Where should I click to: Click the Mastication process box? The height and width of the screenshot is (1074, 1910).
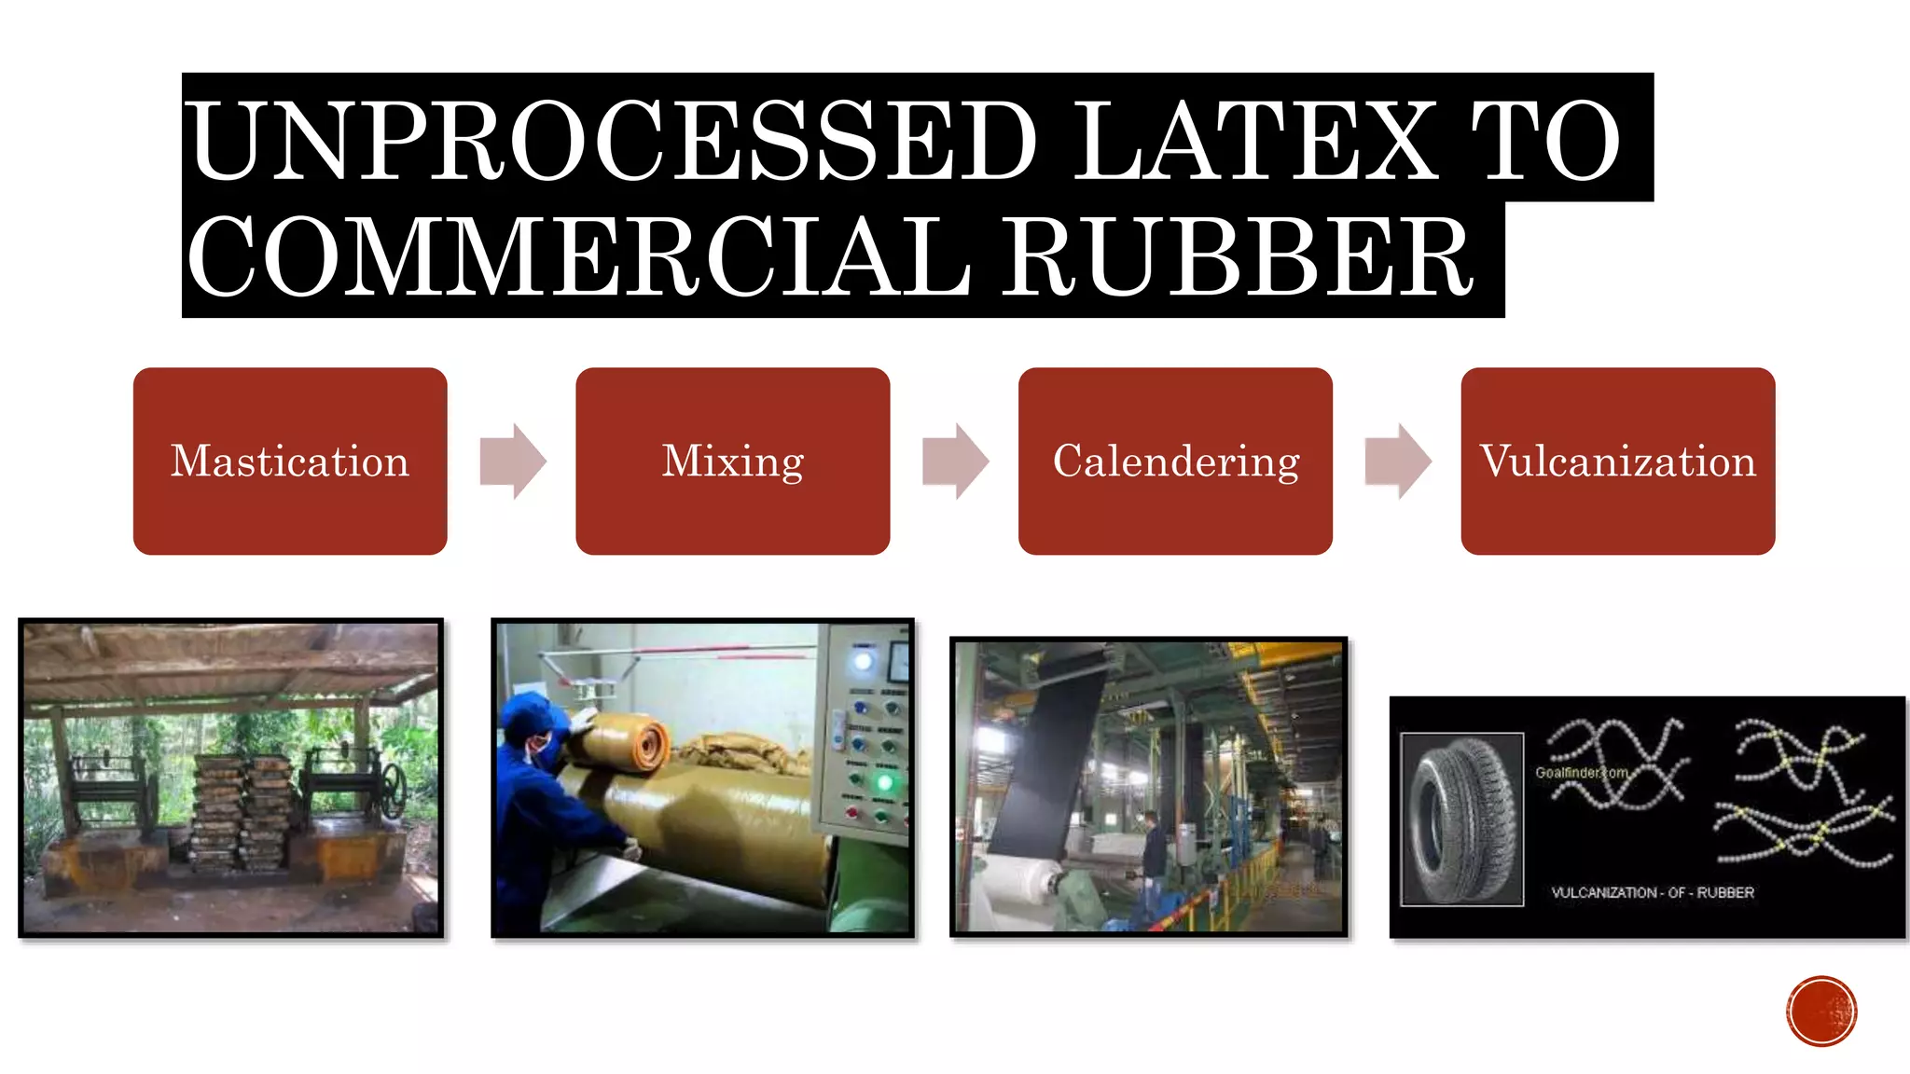click(290, 461)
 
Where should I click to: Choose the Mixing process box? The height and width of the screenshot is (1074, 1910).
click(732, 461)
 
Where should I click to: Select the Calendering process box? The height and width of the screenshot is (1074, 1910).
click(1175, 461)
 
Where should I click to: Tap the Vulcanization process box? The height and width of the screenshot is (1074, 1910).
click(1617, 461)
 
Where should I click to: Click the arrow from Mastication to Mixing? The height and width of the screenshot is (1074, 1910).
click(512, 461)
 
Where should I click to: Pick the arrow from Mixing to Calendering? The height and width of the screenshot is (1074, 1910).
click(955, 461)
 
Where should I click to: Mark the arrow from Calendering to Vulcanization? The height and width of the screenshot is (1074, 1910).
click(1397, 461)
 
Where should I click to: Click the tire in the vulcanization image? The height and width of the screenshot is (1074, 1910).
click(1461, 819)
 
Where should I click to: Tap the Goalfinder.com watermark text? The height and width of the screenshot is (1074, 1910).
click(1582, 773)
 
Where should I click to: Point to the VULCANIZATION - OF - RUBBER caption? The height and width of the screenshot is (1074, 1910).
click(1652, 892)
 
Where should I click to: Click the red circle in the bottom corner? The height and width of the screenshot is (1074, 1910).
click(1821, 1011)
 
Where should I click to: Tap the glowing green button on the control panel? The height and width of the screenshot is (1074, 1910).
click(884, 781)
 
